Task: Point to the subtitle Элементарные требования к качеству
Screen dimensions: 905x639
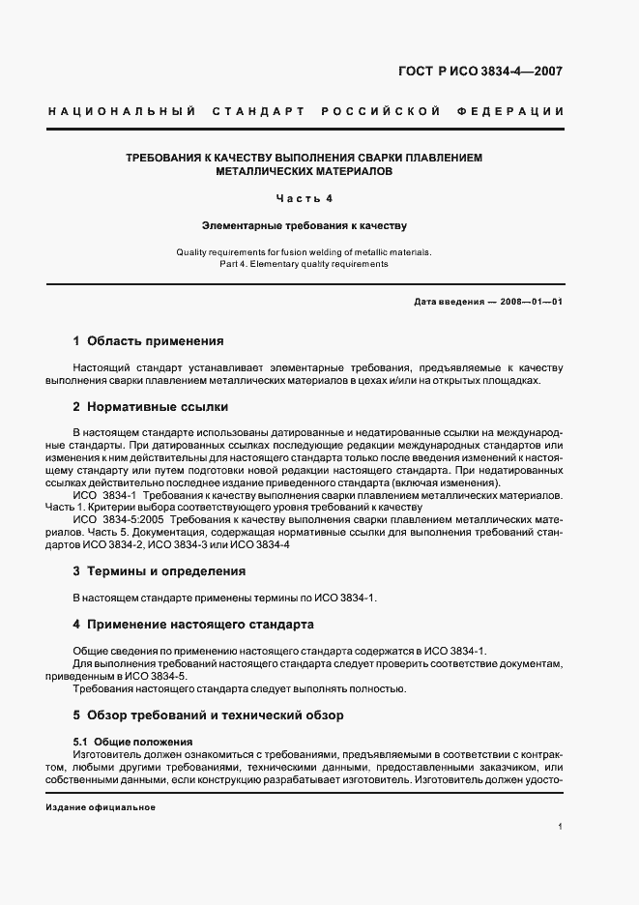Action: point(304,226)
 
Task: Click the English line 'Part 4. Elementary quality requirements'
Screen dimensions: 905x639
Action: point(304,263)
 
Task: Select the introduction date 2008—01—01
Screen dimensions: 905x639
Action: point(531,302)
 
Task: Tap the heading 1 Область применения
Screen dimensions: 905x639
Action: point(148,341)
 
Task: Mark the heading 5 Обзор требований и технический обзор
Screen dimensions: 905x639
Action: point(208,716)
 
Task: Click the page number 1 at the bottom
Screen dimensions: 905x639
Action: point(561,827)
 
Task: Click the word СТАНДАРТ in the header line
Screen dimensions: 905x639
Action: point(263,111)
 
